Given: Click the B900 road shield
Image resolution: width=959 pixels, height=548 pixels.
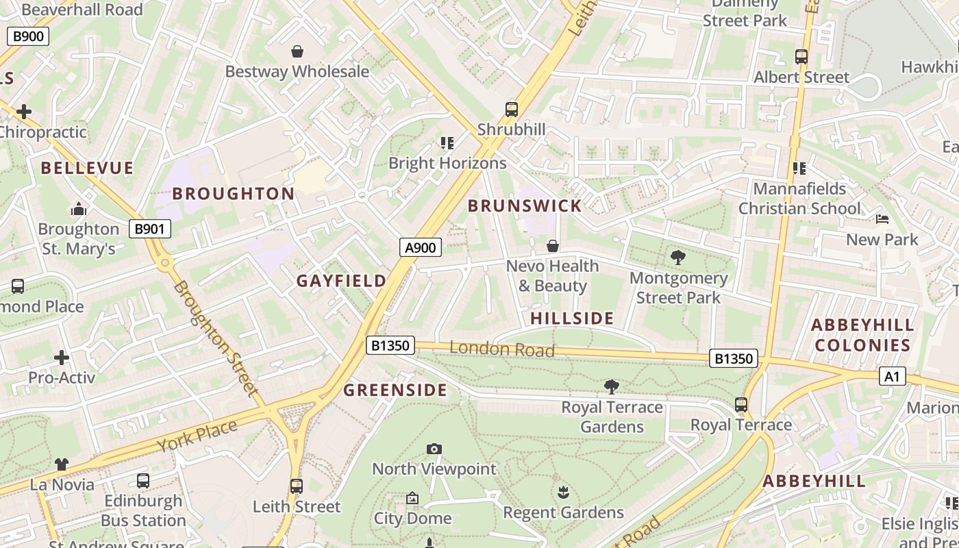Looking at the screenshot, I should [28, 36].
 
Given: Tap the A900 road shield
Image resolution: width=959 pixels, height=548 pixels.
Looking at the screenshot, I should [421, 247].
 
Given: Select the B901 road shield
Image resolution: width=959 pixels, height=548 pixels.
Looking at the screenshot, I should [149, 229].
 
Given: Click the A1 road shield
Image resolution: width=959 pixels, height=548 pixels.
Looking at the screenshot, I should [892, 376].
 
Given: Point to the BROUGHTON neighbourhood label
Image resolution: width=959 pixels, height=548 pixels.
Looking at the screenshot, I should [233, 194].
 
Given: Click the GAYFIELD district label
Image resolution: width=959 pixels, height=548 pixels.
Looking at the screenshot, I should [341, 281].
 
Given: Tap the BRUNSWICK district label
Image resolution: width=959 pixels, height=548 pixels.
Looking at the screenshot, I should [525, 206].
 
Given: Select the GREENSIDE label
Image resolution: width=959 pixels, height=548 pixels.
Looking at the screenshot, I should [395, 390].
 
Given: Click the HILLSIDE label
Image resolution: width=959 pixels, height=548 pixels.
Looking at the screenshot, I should [572, 318].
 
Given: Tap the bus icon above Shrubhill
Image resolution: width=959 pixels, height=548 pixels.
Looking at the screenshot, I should [511, 110].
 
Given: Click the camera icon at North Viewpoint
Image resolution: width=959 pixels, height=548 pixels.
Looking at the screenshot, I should [434, 449].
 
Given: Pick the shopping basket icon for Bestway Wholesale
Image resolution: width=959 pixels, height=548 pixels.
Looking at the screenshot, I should [297, 51].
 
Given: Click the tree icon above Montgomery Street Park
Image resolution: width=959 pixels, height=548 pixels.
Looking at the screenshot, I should [678, 258].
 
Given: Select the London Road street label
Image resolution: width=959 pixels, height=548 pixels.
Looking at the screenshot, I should [502, 349].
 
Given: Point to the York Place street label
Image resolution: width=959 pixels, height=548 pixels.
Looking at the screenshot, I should [197, 437].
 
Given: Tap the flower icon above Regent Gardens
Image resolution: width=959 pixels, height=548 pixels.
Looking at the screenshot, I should [563, 492].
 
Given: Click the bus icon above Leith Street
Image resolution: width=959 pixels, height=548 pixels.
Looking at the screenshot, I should [296, 486].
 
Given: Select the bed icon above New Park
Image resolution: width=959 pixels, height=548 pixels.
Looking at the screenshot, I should [882, 219].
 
